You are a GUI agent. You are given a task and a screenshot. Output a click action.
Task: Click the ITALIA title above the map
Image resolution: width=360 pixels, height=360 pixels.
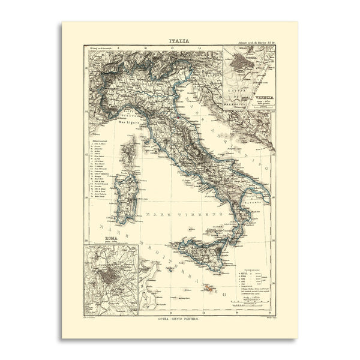click(x=180, y=41)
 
